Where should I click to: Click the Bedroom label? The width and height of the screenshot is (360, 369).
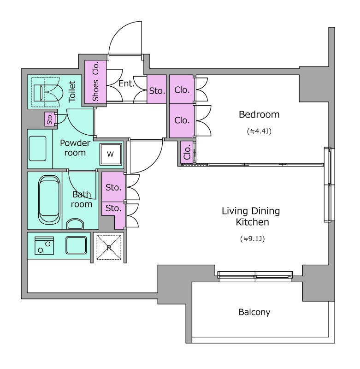click(x=259, y=114)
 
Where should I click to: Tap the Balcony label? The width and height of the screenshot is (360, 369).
click(x=254, y=312)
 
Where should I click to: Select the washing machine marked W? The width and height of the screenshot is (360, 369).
click(x=111, y=154)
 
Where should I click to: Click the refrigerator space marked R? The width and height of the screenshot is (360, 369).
click(x=109, y=248)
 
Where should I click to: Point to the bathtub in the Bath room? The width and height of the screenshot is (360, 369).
click(x=49, y=200)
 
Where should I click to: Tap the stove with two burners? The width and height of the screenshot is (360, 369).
click(x=44, y=246)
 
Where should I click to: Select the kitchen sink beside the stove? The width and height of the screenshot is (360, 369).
click(x=76, y=245)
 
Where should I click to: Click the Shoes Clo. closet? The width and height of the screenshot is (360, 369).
click(x=95, y=82)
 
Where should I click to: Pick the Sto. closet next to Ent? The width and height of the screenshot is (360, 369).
click(x=157, y=89)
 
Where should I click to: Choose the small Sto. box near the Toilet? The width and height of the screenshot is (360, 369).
click(x=50, y=119)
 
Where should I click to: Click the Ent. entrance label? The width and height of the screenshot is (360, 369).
click(x=126, y=83)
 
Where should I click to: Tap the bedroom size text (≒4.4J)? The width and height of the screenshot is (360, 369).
click(x=259, y=131)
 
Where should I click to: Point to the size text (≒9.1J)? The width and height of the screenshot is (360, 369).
click(x=252, y=239)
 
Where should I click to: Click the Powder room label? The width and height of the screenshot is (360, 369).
click(x=75, y=148)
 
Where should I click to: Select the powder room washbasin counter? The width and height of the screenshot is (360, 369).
click(x=38, y=149)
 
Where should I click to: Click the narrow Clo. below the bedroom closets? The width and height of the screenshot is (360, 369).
click(x=187, y=153)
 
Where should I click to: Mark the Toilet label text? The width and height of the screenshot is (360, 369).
click(x=72, y=91)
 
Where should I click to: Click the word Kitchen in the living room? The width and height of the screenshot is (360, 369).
click(x=252, y=222)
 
